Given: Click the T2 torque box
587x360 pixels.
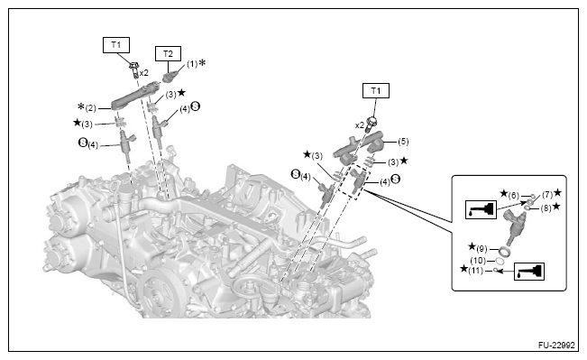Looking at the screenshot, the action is pos(168,53).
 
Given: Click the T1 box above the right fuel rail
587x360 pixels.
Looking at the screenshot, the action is pos(376,90).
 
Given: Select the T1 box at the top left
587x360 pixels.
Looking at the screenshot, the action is pos(116,45).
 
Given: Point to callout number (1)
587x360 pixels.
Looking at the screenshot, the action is pos(192,64).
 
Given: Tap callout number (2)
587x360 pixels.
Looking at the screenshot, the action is pos(90,108).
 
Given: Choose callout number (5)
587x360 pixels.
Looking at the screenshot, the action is pos(403,142).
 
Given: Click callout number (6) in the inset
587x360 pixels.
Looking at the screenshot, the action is pos(514,195).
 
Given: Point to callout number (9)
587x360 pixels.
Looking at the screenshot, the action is pos(482,249).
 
